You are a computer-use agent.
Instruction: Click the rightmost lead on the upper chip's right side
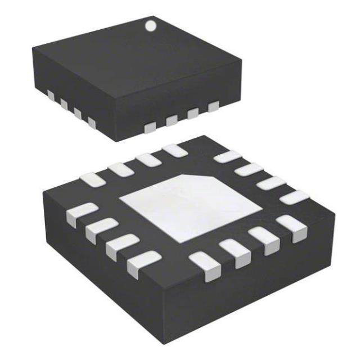click(213, 106)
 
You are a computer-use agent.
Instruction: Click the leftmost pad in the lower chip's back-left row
click(91, 179)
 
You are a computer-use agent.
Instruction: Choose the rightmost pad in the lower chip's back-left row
click(174, 150)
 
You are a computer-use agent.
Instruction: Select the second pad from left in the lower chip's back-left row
click(120, 168)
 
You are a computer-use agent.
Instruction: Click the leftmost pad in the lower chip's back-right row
click(227, 156)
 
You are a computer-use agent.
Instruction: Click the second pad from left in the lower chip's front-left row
click(98, 228)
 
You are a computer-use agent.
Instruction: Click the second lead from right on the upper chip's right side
click(193, 113)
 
